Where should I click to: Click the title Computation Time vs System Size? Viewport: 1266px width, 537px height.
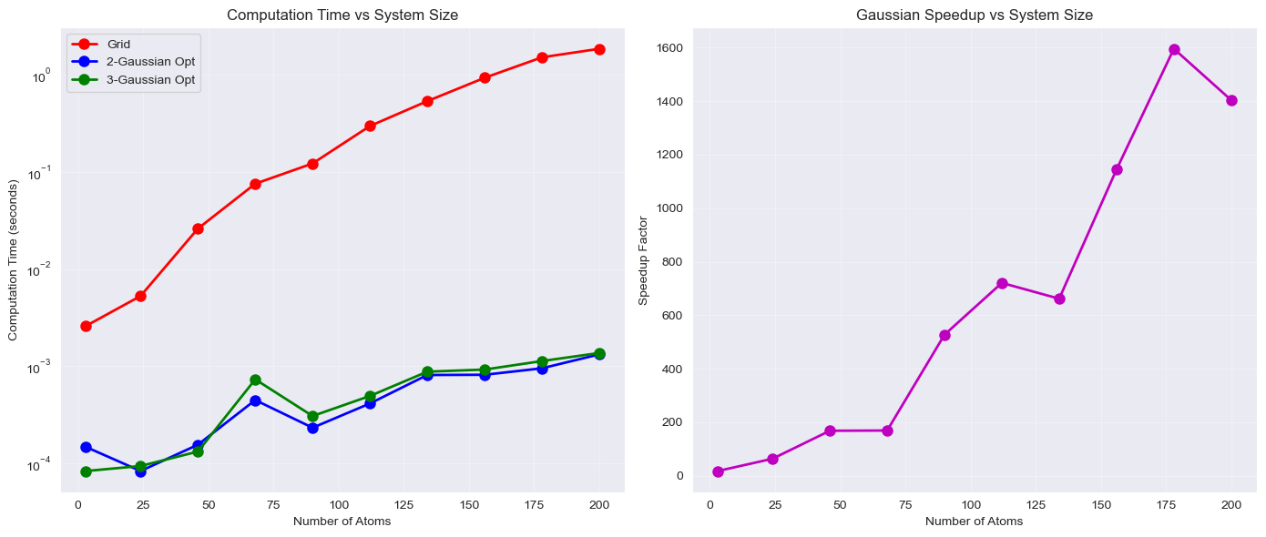pos(342,15)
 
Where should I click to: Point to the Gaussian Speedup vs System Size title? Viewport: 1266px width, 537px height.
pos(975,15)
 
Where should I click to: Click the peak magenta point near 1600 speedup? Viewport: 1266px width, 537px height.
pos(1174,49)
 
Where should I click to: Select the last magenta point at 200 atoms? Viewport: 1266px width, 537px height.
pos(1231,100)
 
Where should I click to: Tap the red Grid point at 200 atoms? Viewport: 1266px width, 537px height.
pos(599,49)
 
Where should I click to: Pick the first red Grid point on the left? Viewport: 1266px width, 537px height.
pos(86,326)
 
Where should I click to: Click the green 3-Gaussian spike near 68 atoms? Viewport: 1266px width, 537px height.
pos(255,380)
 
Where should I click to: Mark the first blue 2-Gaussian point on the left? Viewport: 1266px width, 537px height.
pos(86,447)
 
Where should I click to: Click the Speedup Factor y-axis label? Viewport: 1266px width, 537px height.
pos(643,260)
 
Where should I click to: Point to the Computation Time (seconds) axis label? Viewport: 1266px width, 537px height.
pos(13,260)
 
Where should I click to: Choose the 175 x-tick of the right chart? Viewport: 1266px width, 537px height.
pos(1167,504)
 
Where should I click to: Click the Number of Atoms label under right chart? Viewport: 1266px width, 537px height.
pos(974,522)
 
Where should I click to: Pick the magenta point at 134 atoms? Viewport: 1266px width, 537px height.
pos(1059,299)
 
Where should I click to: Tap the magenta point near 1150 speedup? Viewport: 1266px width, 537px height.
pos(1117,169)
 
